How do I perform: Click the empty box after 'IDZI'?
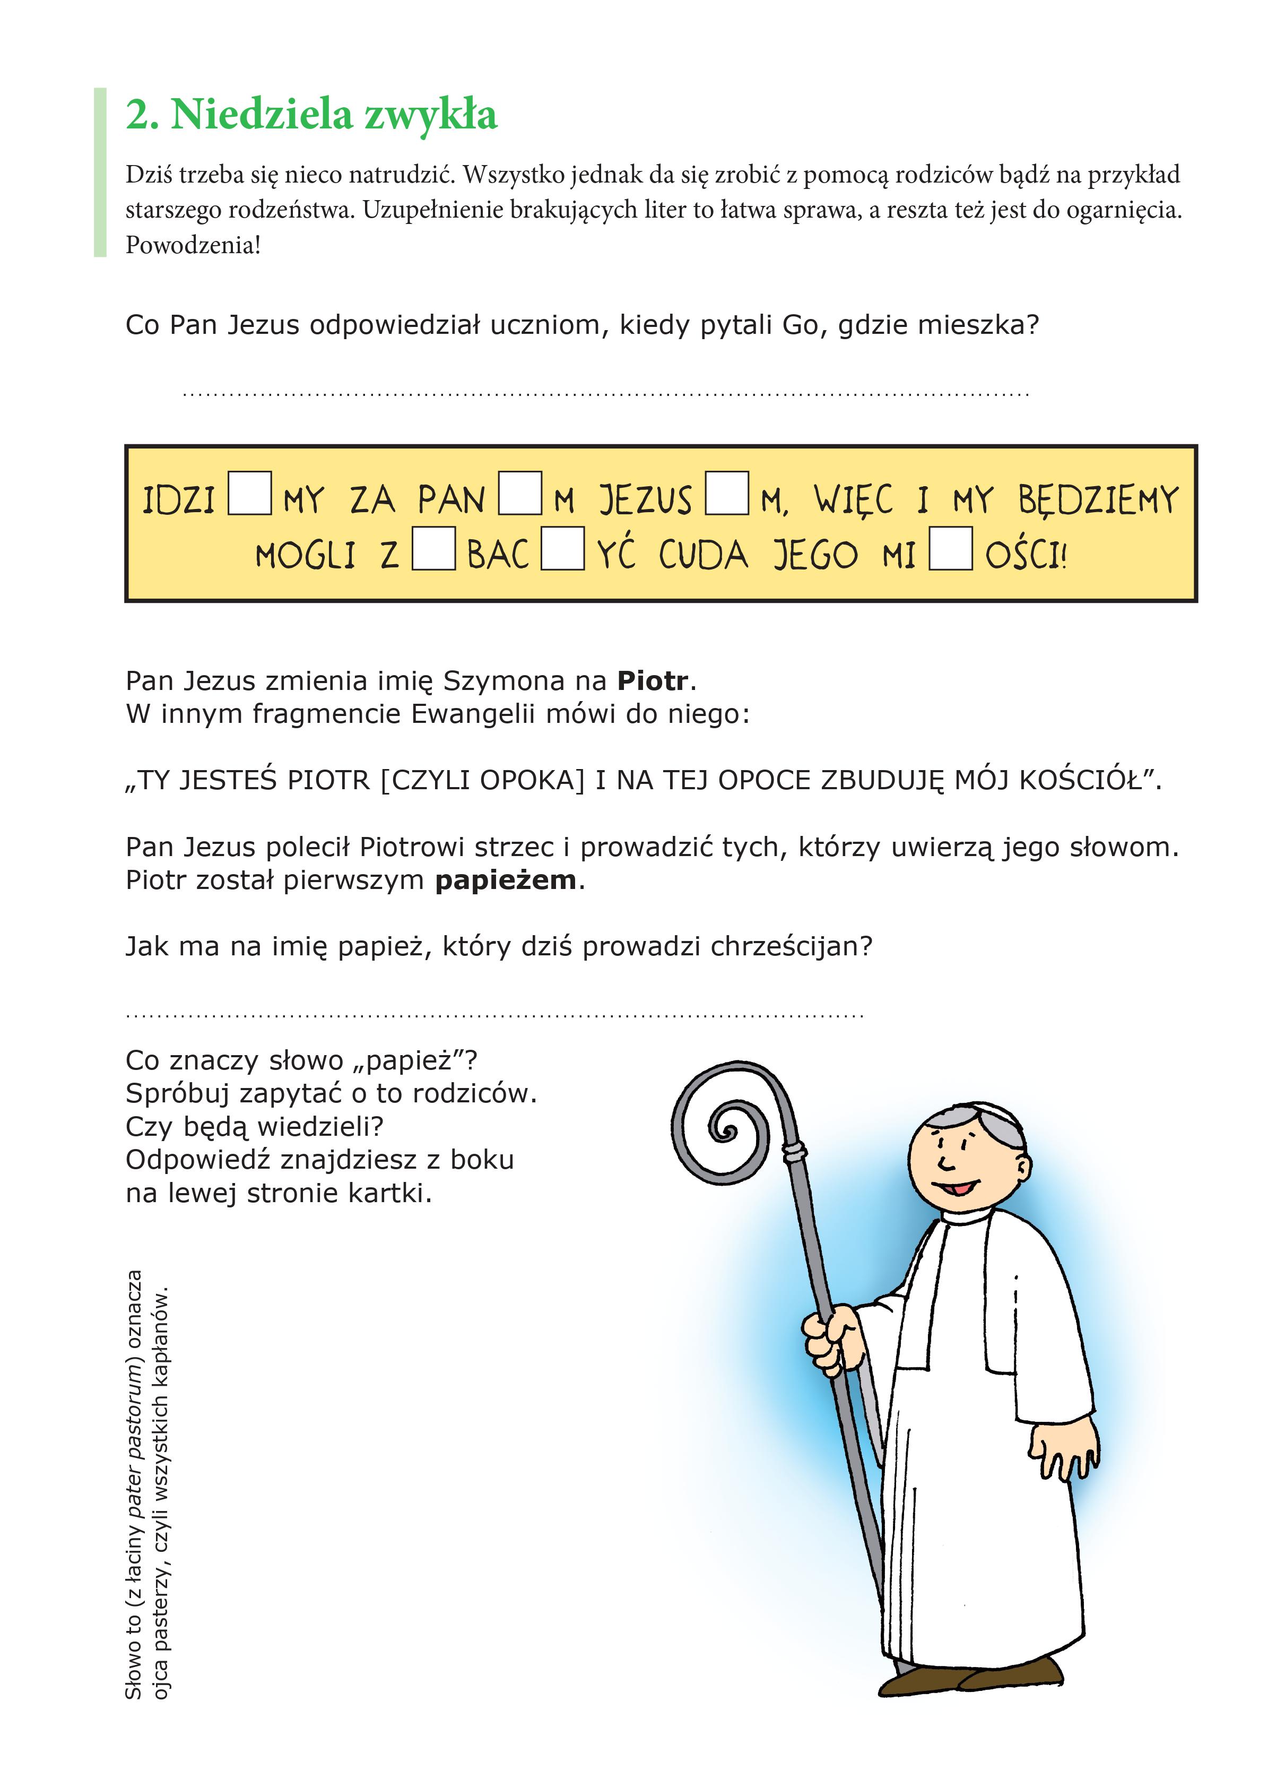(250, 493)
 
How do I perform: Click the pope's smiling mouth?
(956, 1187)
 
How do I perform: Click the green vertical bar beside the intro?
(100, 172)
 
